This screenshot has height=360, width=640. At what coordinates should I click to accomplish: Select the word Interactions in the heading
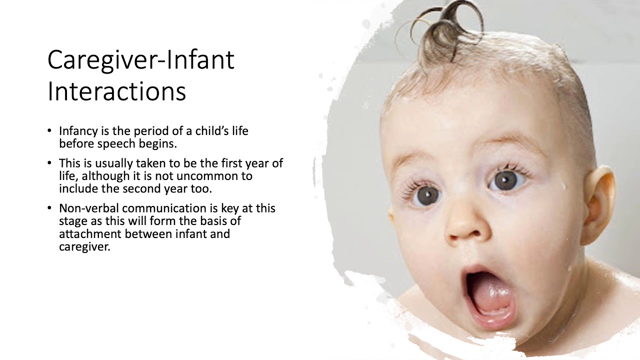pyautogui.click(x=116, y=92)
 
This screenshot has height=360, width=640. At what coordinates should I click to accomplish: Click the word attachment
pyautogui.click(x=90, y=234)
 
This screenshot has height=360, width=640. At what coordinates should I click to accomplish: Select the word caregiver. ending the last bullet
pyautogui.click(x=84, y=247)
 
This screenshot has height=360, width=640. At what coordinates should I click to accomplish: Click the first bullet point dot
pyautogui.click(x=49, y=130)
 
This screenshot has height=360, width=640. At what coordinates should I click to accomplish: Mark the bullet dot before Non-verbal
pyautogui.click(x=49, y=207)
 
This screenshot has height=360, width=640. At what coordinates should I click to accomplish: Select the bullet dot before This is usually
pyautogui.click(x=49, y=162)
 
